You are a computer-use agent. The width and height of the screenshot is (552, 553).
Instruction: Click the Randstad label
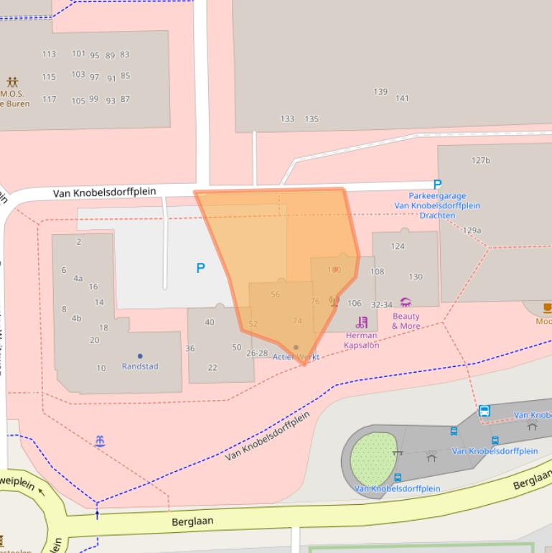coord(140,366)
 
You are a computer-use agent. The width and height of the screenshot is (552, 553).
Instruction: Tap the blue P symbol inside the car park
coord(201,268)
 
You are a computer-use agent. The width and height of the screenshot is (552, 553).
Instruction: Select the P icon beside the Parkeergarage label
coord(437,185)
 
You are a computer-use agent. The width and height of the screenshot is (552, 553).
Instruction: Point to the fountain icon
coord(100,441)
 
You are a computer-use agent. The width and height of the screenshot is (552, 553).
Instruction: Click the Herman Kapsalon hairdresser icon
coord(362,322)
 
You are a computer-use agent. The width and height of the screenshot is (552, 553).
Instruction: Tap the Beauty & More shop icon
coord(406,302)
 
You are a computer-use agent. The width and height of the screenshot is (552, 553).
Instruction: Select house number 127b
coord(481,160)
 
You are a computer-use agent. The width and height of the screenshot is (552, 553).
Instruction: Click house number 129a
coord(472,231)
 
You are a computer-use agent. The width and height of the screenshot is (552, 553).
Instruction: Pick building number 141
coord(402,98)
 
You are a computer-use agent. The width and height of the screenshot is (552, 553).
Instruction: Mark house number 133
coord(287,119)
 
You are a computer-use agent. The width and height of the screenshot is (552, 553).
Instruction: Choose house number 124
coord(397,246)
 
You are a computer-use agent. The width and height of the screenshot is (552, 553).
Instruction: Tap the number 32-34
coord(381,305)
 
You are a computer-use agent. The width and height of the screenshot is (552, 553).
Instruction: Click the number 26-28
coord(256,353)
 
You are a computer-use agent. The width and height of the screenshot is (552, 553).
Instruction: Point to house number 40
coord(210,322)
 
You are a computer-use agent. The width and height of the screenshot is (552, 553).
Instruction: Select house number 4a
coord(78,279)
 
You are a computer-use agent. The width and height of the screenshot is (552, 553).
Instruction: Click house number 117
coord(49,99)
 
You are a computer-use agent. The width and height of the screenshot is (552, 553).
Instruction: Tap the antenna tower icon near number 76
coord(334,301)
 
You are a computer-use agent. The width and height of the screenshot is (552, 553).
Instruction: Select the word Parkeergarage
coord(437,196)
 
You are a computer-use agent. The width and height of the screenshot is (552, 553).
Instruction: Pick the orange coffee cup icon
coord(547,308)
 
